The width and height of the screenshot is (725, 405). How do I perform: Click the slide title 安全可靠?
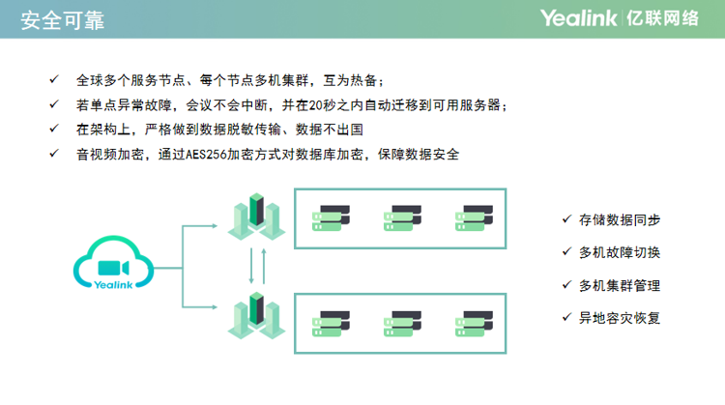[x=63, y=20]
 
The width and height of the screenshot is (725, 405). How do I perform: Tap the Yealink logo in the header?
[x=578, y=18]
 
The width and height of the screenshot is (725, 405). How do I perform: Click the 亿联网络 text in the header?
[x=662, y=18]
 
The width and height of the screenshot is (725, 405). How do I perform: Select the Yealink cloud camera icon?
[x=114, y=262]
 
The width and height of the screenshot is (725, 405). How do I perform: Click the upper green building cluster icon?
[x=256, y=217]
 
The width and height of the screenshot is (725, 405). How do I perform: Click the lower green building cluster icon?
[x=256, y=316]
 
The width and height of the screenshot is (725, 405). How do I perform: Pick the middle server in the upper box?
[x=402, y=218]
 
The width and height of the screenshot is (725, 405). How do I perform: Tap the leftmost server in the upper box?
[x=331, y=218]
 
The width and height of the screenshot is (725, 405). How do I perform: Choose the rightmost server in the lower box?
[x=474, y=324]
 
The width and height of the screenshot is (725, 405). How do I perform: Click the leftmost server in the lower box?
[x=331, y=324]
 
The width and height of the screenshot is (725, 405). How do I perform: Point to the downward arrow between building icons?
[x=251, y=266]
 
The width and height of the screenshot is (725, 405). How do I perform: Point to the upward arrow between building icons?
[x=264, y=266]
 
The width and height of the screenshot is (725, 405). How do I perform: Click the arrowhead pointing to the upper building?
[x=215, y=225]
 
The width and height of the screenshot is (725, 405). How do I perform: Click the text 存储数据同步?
[x=620, y=220]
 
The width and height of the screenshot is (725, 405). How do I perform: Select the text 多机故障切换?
[x=620, y=252]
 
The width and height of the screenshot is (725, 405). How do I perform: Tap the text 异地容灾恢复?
[x=620, y=318]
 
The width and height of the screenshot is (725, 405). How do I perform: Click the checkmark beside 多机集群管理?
[x=566, y=285]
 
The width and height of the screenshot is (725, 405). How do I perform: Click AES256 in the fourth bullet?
[x=206, y=155]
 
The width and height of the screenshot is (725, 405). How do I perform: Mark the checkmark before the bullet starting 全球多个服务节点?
[x=54, y=79]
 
